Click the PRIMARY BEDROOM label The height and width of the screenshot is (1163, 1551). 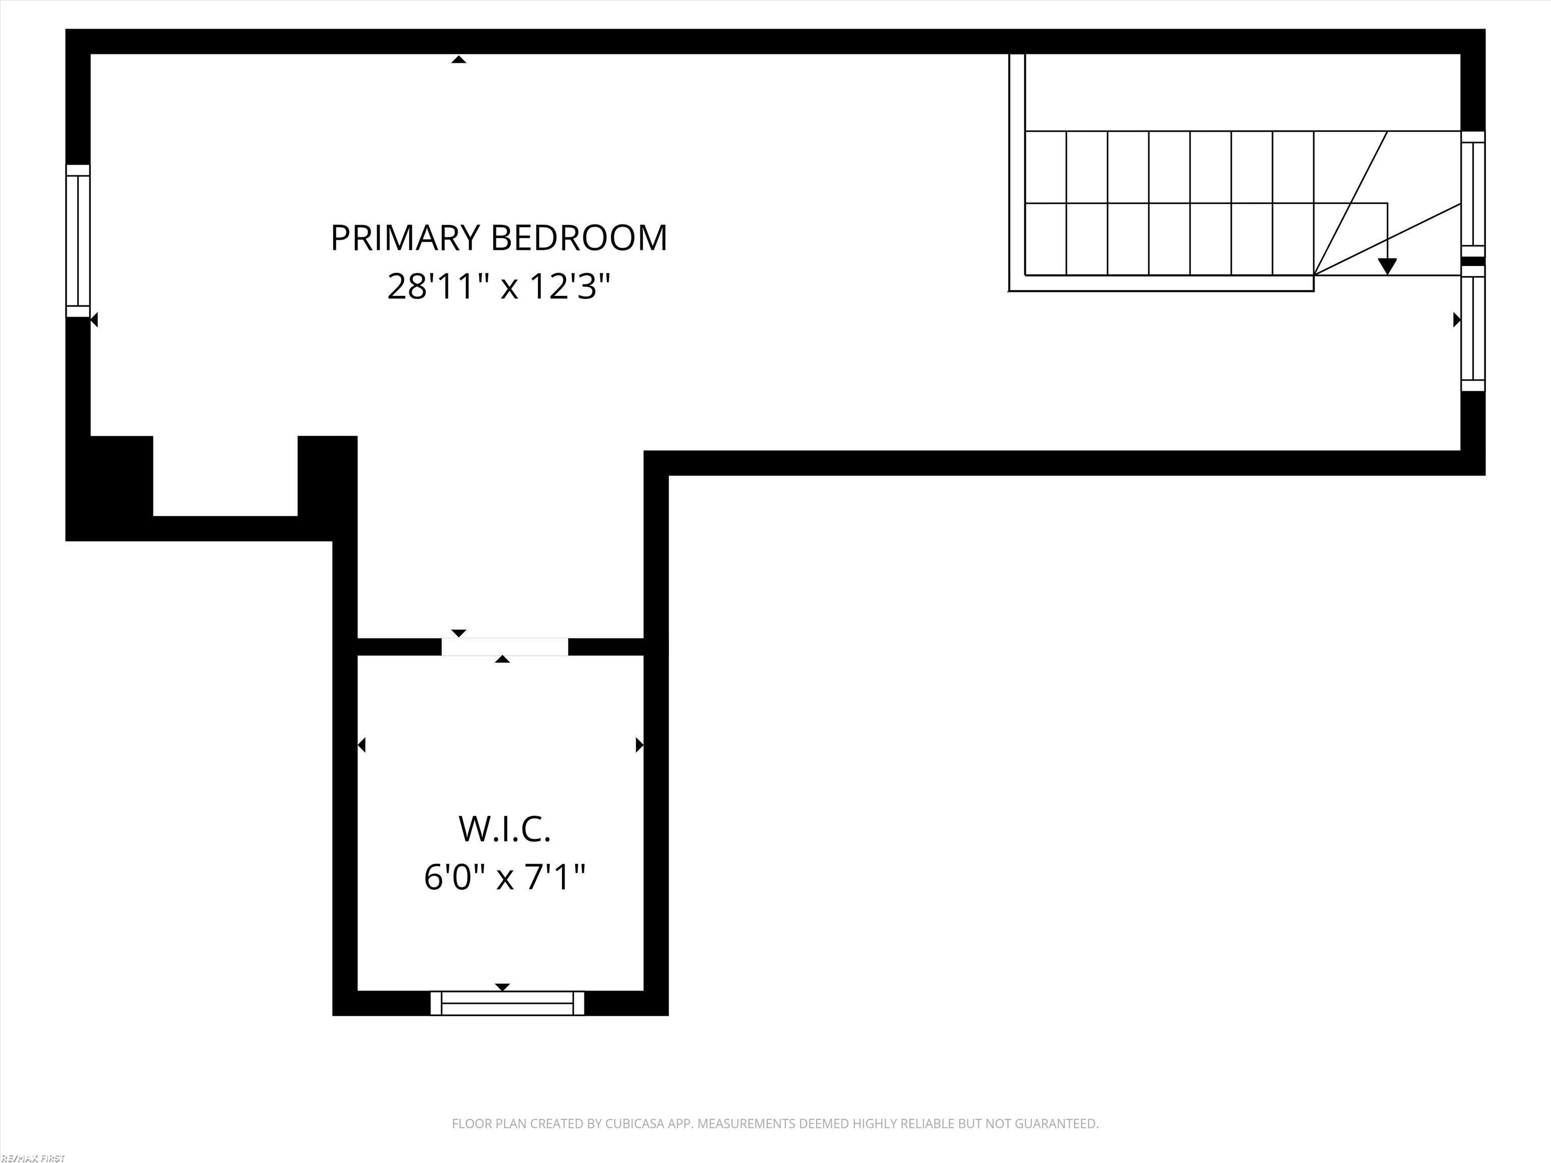(x=498, y=238)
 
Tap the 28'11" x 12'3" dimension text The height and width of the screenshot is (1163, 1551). (x=498, y=287)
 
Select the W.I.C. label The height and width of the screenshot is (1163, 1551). (x=505, y=829)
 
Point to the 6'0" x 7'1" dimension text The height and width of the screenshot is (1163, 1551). (x=505, y=877)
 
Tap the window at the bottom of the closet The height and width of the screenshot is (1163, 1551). (x=507, y=1003)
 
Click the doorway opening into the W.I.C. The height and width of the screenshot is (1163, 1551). (x=504, y=646)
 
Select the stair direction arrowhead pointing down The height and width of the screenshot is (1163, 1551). (x=1387, y=267)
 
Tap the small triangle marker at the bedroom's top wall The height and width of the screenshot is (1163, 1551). (x=458, y=60)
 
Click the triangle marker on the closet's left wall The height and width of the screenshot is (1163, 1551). (x=362, y=745)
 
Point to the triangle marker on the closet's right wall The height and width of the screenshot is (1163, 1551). (x=639, y=745)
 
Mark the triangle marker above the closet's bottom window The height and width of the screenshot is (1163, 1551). (x=502, y=987)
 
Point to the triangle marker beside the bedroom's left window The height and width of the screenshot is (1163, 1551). (x=94, y=320)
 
